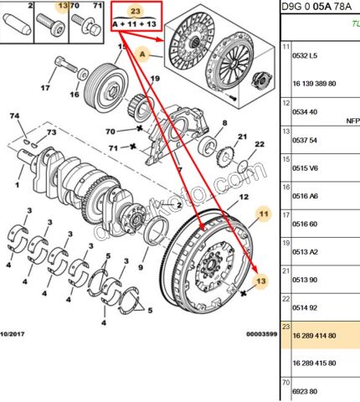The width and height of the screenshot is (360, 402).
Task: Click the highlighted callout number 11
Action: point(264,214)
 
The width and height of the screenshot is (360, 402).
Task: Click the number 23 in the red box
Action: point(135,12)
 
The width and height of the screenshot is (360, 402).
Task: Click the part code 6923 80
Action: point(305,391)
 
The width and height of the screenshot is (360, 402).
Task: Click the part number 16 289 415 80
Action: point(314,363)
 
